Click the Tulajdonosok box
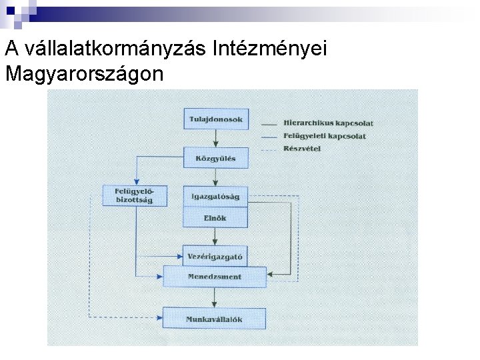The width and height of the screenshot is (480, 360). click(x=216, y=119)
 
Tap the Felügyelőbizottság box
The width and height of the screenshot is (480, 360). click(x=135, y=195)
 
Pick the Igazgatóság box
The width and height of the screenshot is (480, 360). click(x=215, y=197)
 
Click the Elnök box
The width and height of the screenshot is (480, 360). click(x=215, y=218)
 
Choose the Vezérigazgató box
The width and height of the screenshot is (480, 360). click(x=215, y=256)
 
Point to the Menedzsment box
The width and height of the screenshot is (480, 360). click(x=215, y=277)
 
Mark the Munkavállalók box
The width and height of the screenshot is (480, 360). click(x=214, y=319)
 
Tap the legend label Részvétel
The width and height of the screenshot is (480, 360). click(x=302, y=149)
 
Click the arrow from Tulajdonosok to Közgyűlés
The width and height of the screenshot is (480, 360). click(x=216, y=139)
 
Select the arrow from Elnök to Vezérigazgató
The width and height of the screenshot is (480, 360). click(x=215, y=237)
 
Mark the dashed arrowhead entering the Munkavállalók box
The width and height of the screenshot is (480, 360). click(x=160, y=316)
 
